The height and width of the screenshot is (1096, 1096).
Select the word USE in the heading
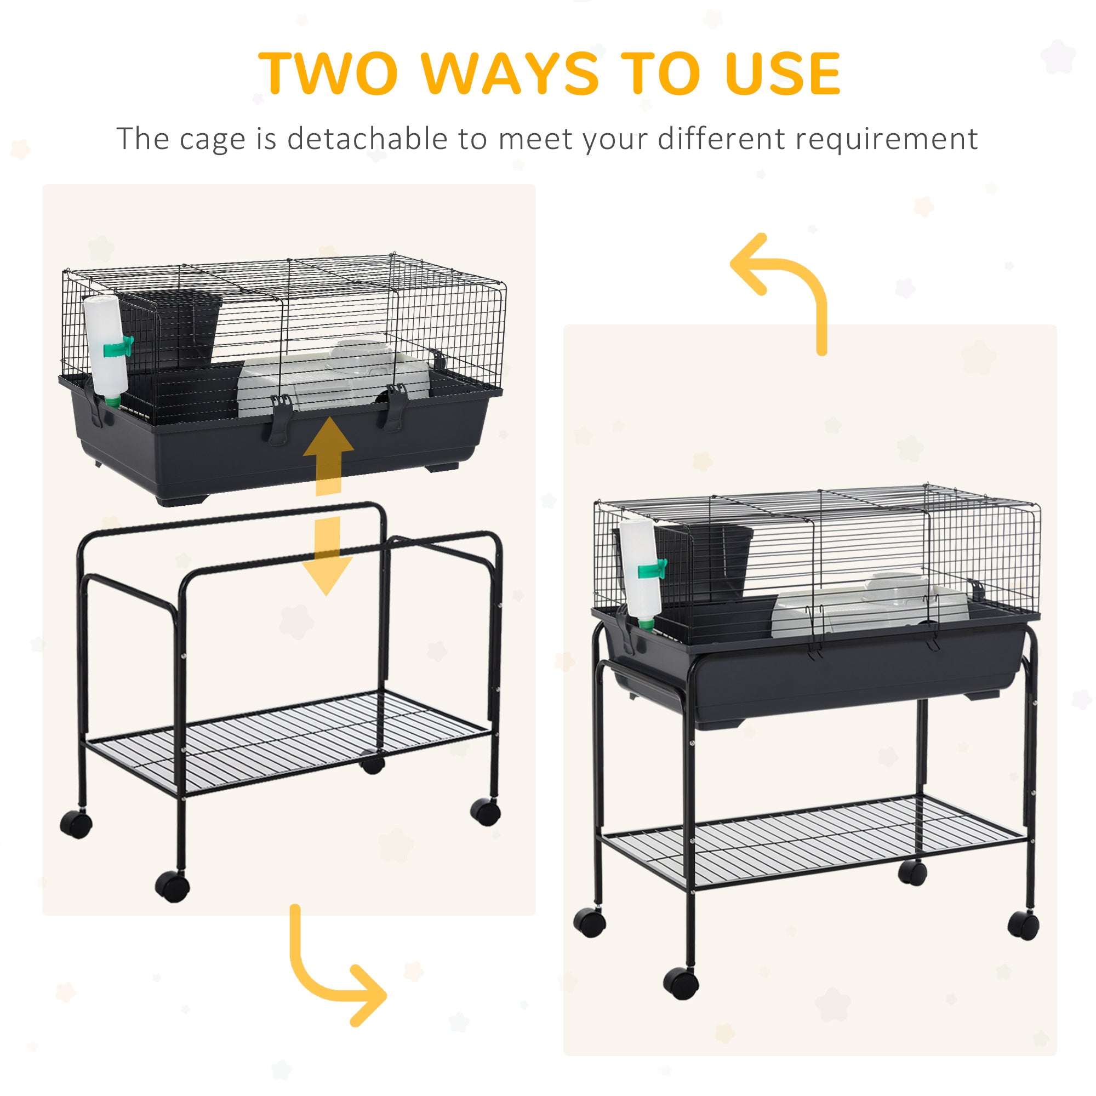click(x=783, y=74)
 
